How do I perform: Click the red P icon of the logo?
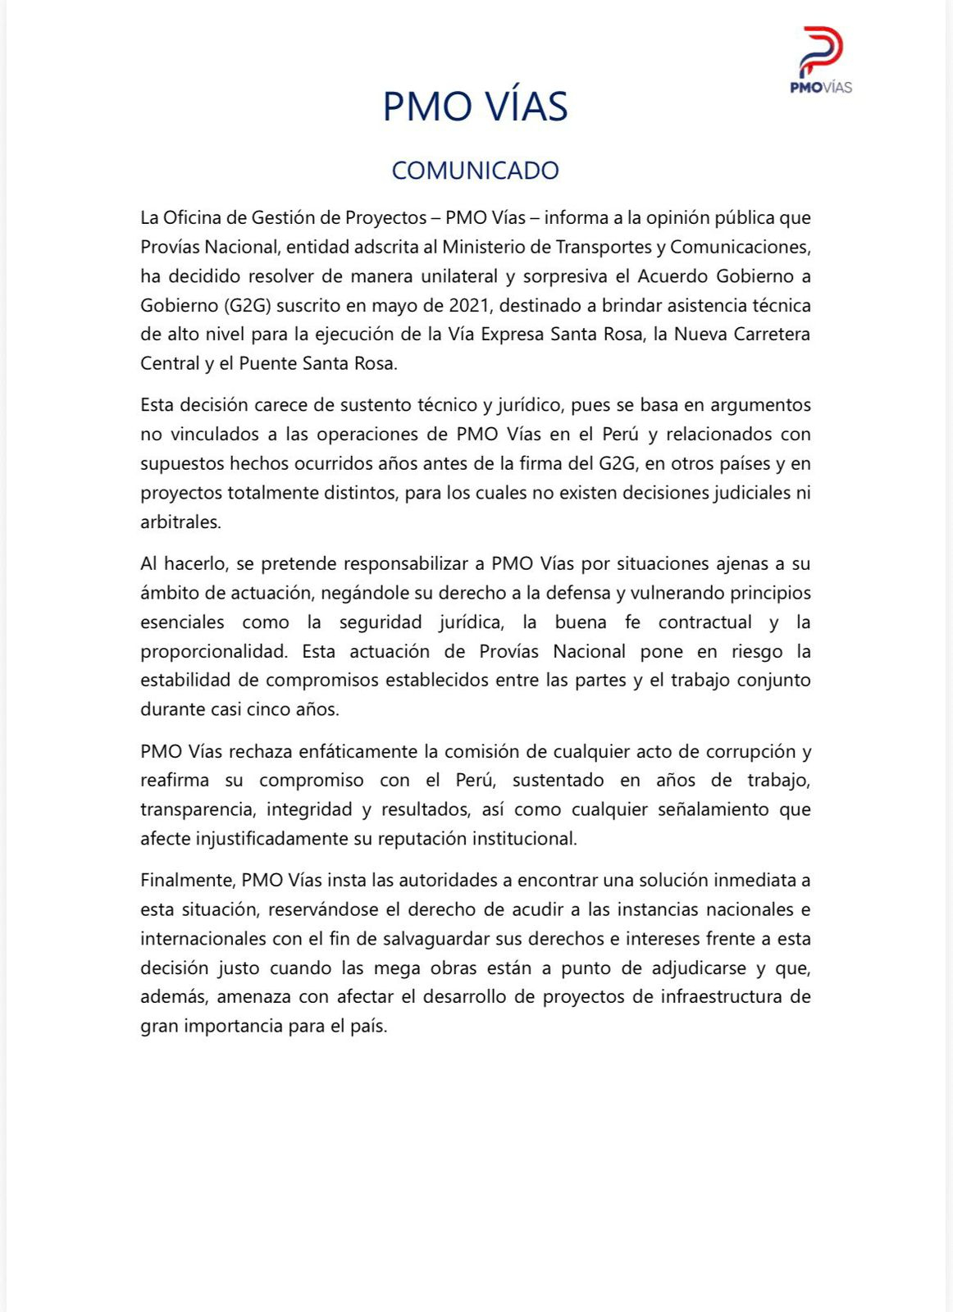click(821, 51)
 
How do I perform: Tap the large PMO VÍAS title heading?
click(475, 107)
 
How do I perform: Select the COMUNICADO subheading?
click(475, 171)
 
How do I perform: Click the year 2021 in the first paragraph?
click(470, 305)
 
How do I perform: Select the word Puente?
click(267, 363)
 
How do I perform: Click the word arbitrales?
click(180, 522)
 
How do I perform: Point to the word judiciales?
click(746, 493)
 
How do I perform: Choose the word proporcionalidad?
click(213, 651)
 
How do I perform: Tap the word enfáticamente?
click(358, 751)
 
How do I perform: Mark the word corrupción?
click(746, 751)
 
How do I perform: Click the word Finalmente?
click(187, 880)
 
